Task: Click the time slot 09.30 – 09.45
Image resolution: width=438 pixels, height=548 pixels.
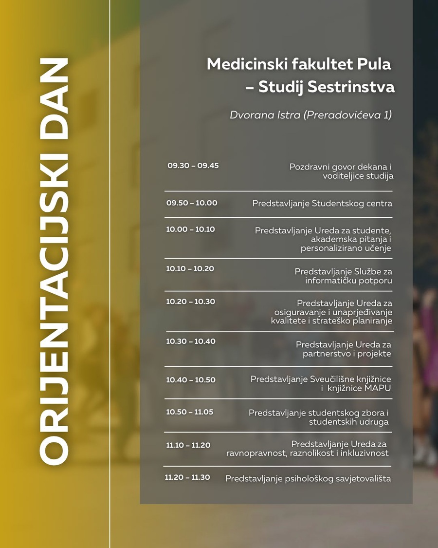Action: pyautogui.click(x=193, y=166)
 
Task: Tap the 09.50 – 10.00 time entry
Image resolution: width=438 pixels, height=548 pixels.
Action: pyautogui.click(x=192, y=203)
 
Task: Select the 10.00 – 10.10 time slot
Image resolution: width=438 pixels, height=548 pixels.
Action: pyautogui.click(x=190, y=229)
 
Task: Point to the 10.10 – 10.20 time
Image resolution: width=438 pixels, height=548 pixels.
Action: pyautogui.click(x=190, y=269)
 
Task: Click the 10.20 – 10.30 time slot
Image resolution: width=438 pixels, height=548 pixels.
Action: pyautogui.click(x=190, y=302)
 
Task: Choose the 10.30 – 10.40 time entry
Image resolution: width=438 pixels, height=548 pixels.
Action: pyautogui.click(x=190, y=341)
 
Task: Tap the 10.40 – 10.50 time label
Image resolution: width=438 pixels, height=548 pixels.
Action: pyautogui.click(x=190, y=380)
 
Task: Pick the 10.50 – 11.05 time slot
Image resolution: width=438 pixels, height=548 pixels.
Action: pyautogui.click(x=189, y=412)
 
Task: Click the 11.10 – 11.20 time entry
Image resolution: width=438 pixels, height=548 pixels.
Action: pyautogui.click(x=188, y=445)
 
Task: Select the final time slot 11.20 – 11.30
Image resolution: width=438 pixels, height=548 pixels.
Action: pyautogui.click(x=187, y=477)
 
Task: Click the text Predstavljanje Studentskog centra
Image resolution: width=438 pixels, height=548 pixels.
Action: pyautogui.click(x=322, y=204)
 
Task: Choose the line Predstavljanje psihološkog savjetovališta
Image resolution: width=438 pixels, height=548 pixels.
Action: pyautogui.click(x=308, y=479)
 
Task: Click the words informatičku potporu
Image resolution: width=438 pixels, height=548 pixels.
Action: pyautogui.click(x=348, y=281)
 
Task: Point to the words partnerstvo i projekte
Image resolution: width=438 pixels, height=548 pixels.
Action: pyautogui.click(x=347, y=354)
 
